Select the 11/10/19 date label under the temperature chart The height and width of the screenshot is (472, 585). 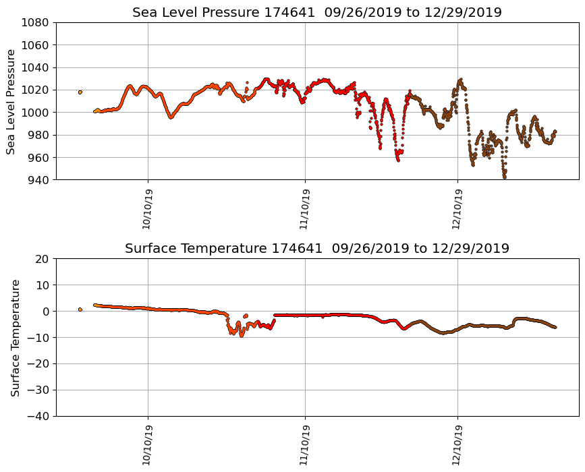point(304,445)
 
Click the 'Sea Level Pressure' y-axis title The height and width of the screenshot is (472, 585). point(11,101)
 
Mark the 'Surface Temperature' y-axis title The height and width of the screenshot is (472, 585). point(15,337)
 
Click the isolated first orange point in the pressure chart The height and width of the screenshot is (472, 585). point(80,92)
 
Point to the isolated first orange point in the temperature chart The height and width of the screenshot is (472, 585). point(80,309)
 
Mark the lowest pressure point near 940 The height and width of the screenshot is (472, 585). point(504,177)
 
